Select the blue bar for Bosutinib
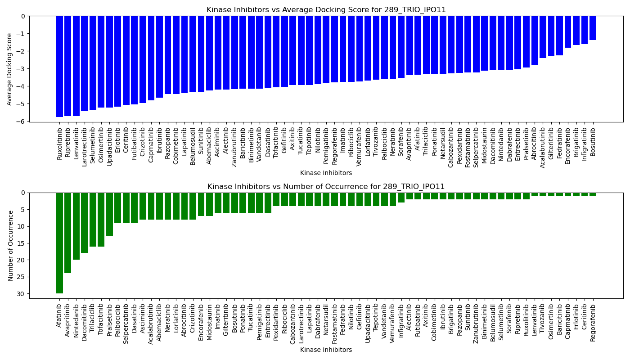(593, 28)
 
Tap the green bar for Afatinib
(59, 243)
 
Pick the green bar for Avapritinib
(67, 233)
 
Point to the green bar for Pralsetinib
(109, 214)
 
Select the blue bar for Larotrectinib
(84, 63)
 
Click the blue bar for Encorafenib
(568, 32)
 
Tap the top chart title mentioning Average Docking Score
(326, 9)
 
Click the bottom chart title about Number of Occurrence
(326, 186)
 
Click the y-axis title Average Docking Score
(10, 69)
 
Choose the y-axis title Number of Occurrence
(11, 246)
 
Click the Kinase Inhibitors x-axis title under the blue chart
(326, 173)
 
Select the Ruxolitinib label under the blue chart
(60, 144)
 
